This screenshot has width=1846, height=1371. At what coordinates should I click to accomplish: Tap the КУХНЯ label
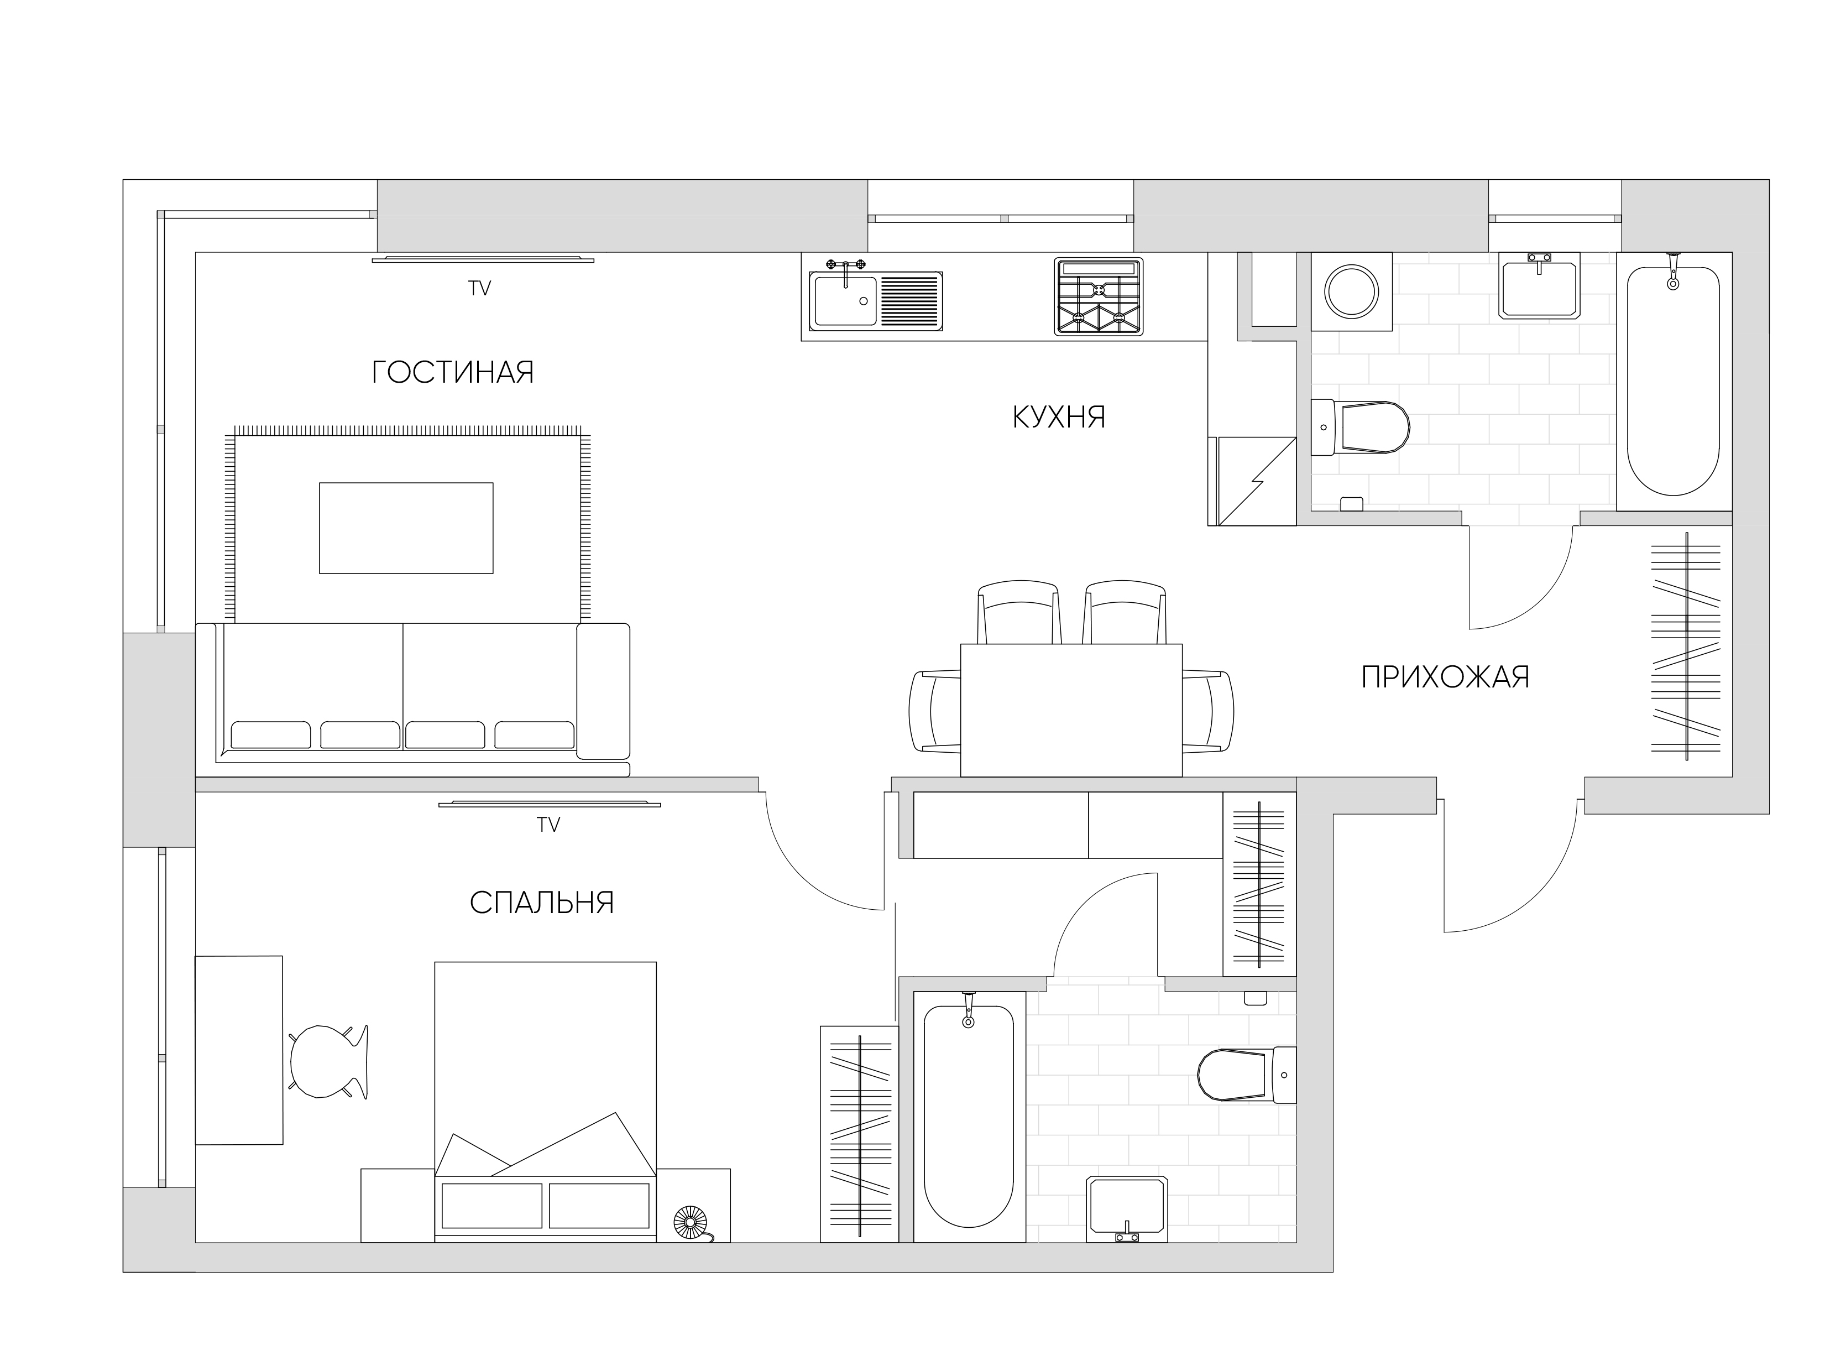pyautogui.click(x=1059, y=416)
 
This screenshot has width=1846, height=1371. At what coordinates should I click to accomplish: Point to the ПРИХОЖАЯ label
pyautogui.click(x=1445, y=677)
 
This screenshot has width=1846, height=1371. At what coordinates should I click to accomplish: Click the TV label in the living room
pyautogui.click(x=479, y=288)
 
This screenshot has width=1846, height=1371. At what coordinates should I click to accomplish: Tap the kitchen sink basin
pyautogui.click(x=845, y=300)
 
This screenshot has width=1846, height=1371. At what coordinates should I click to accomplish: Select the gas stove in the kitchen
pyautogui.click(x=1099, y=296)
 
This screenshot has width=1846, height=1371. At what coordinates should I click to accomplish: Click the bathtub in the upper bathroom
pyautogui.click(x=1674, y=381)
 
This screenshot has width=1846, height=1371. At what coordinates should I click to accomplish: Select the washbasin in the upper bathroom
pyautogui.click(x=1539, y=285)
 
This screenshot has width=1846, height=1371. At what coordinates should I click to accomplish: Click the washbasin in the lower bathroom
pyautogui.click(x=1127, y=1208)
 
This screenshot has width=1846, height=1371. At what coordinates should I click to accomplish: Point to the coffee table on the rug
pyautogui.click(x=406, y=528)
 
